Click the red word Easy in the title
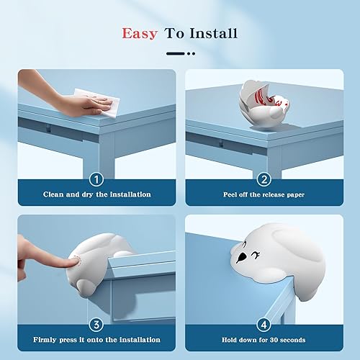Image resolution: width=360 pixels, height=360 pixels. [140, 34]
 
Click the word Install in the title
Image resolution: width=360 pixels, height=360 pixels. [213, 34]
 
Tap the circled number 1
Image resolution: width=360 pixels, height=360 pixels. [96, 179]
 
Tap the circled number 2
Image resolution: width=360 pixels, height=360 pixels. [264, 179]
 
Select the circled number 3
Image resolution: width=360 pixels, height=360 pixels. [96, 325]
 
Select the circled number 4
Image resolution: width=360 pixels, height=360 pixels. [264, 325]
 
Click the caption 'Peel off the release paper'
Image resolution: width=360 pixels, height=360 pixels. [264, 194]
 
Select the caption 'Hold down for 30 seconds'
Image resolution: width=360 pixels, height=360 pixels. [264, 340]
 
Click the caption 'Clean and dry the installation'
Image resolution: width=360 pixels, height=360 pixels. [96, 194]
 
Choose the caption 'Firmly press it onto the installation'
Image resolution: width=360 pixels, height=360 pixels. [96, 340]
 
